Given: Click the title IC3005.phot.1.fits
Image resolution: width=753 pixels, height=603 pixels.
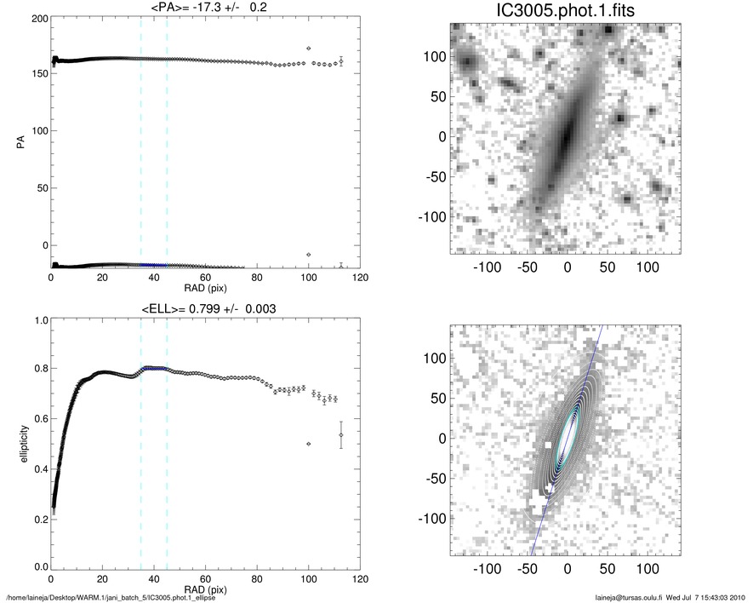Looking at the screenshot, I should tap(567, 13).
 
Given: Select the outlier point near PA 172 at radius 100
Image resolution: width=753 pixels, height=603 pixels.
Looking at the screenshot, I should tap(308, 49).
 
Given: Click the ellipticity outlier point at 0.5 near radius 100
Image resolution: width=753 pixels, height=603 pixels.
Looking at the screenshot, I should tap(308, 444).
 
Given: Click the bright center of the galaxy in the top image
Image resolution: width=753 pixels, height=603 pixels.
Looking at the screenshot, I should tap(565, 136).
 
